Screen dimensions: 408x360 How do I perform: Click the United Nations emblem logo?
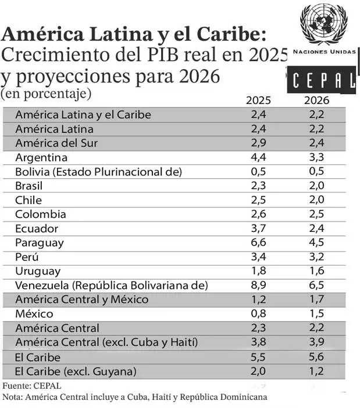point(323,24)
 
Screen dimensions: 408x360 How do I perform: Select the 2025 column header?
point(258,100)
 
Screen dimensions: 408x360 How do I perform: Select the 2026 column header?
point(316,100)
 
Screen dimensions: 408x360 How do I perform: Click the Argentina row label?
point(41,158)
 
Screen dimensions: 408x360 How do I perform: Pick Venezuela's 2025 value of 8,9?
point(258,285)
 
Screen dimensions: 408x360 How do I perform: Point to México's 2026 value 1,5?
point(317,314)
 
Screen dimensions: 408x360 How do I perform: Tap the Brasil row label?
point(30,186)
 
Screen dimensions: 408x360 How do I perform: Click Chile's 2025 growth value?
point(258,201)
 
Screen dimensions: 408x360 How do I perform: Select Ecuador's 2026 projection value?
point(317,228)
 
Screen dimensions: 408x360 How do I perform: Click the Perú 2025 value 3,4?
point(258,257)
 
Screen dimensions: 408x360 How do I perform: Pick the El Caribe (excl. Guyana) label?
point(76,371)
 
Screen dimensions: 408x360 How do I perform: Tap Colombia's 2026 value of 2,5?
point(317,214)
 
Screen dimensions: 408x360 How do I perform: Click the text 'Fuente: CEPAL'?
point(32,385)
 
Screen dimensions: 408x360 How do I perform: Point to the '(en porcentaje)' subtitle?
point(46,93)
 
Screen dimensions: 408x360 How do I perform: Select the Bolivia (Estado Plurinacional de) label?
point(99,172)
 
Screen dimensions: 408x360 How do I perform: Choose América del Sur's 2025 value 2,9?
point(258,143)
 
